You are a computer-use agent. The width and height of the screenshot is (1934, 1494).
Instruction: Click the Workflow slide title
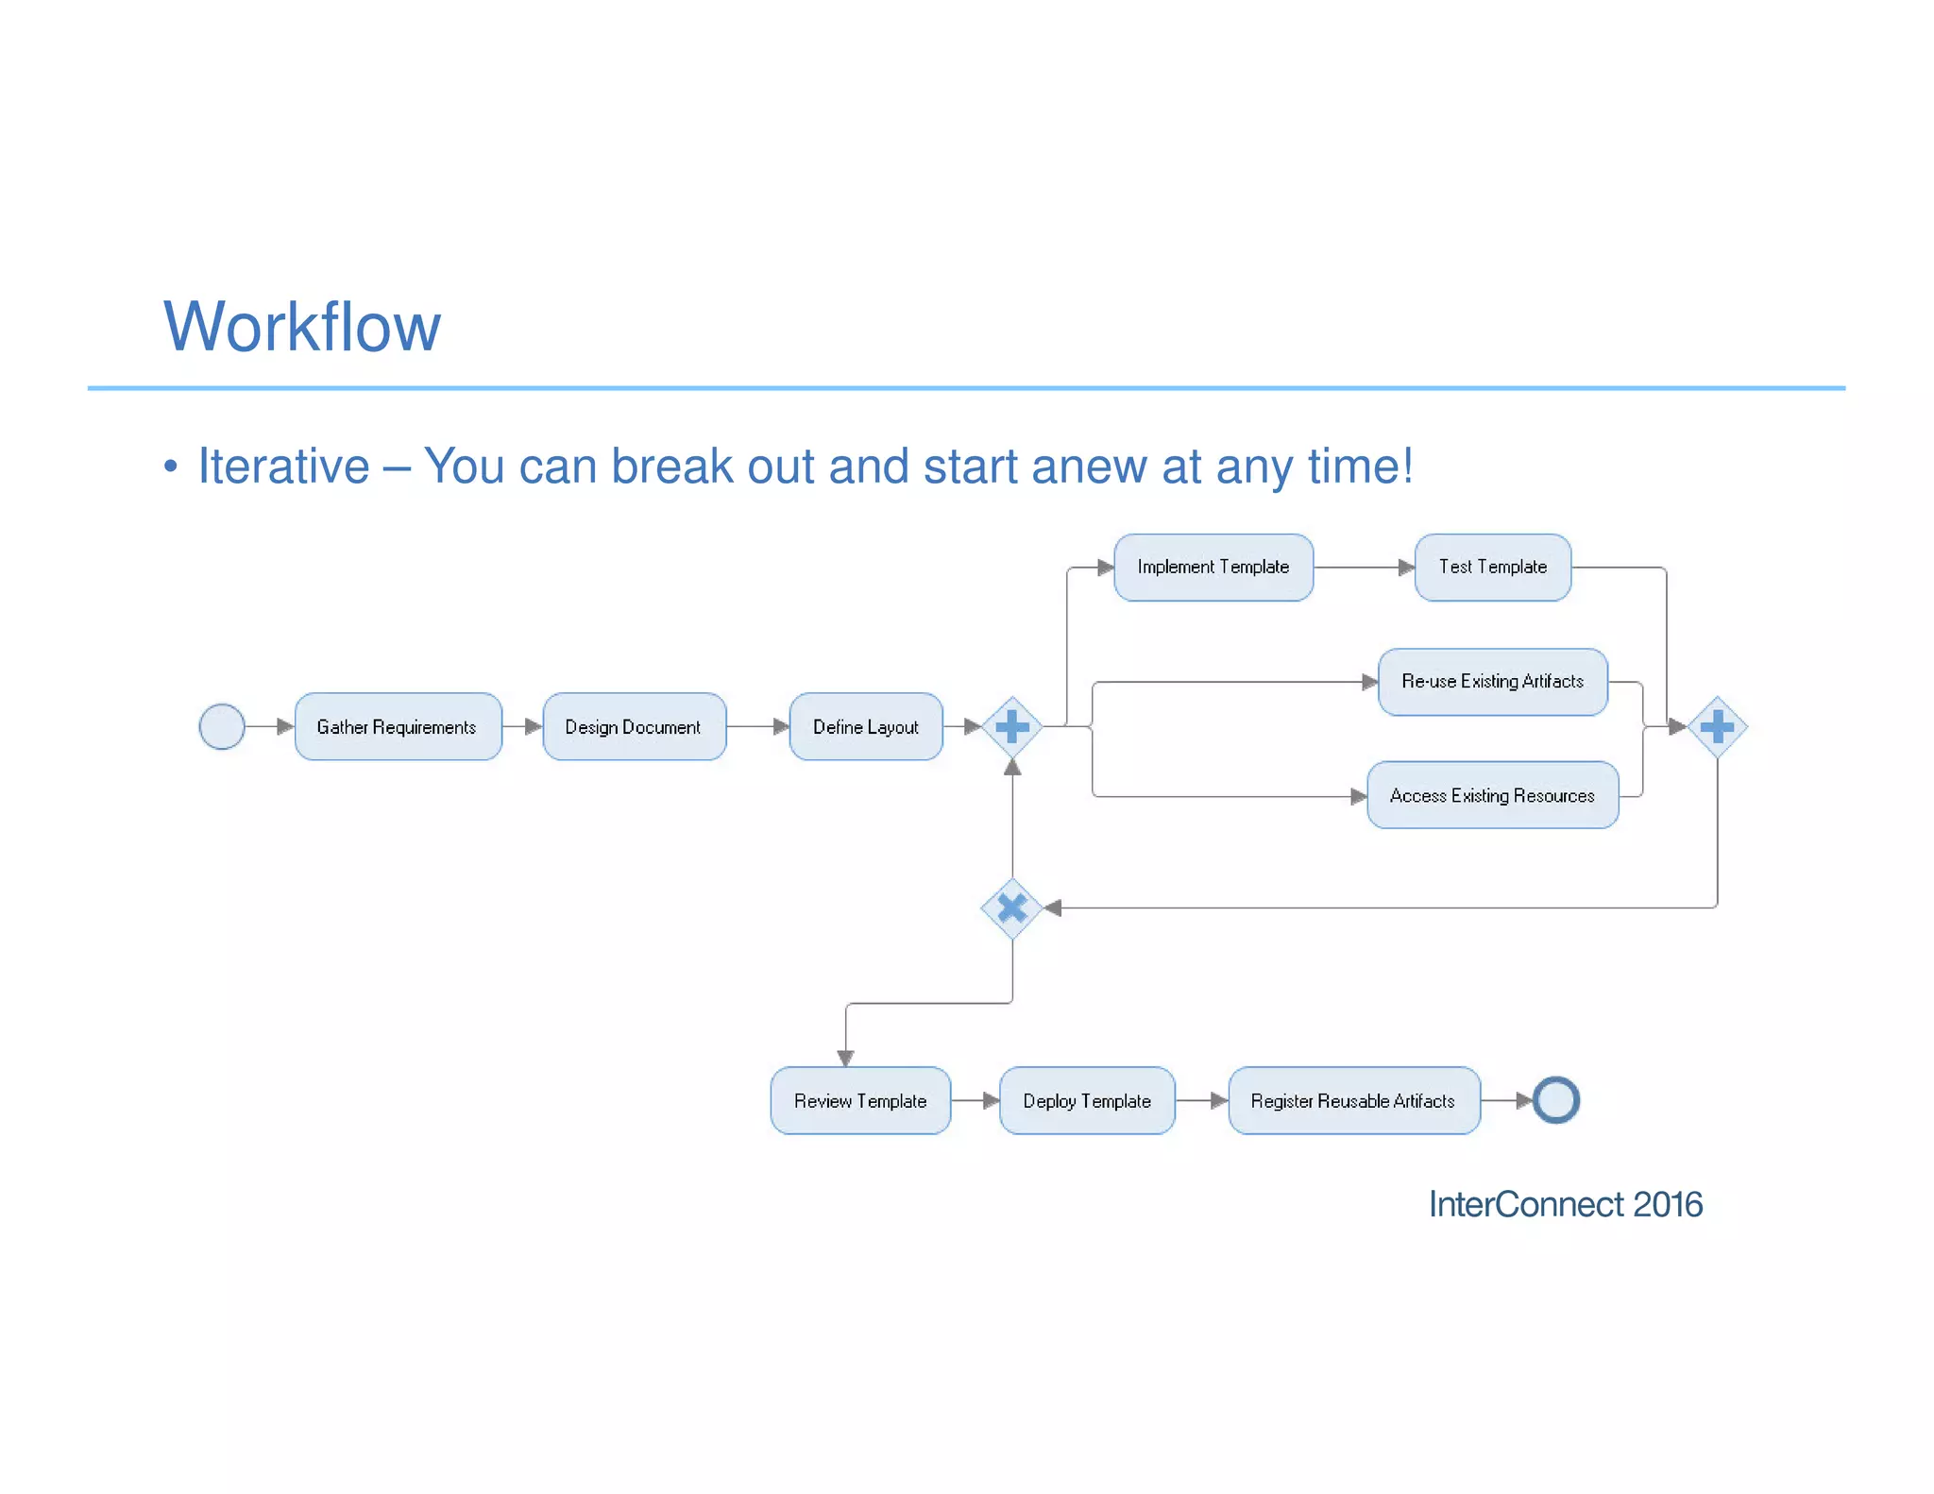tap(302, 327)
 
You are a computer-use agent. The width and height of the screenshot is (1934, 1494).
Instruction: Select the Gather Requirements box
tap(398, 726)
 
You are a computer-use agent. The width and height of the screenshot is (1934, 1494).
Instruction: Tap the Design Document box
tap(634, 726)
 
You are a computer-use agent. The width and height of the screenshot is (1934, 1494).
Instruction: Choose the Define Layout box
tap(865, 726)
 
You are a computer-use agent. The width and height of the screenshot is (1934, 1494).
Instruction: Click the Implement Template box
tap(1213, 567)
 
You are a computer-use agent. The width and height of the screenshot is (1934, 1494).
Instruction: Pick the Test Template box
tap(1492, 567)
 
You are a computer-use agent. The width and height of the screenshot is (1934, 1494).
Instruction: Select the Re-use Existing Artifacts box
tap(1492, 681)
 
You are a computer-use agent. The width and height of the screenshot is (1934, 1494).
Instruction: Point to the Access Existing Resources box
tap(1492, 795)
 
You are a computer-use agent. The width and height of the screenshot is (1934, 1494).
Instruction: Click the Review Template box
tap(860, 1100)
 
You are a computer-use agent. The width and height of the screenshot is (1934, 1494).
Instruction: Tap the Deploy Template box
tap(1087, 1100)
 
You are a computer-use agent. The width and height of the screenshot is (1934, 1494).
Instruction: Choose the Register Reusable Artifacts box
tap(1353, 1100)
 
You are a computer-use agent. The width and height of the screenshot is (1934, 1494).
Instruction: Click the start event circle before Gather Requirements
tap(222, 726)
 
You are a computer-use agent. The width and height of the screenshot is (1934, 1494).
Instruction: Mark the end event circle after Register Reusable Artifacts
tap(1555, 1100)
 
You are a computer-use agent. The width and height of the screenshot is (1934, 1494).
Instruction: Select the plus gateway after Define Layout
tap(1012, 726)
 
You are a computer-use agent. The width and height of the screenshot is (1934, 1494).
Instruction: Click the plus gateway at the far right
tap(1717, 726)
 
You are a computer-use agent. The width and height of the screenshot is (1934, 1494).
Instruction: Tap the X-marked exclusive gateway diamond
tap(1012, 908)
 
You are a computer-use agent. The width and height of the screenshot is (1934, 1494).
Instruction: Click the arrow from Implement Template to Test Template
tap(1364, 568)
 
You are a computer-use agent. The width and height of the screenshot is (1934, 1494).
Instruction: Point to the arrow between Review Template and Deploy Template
tap(975, 1100)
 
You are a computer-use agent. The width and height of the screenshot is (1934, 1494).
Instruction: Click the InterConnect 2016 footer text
tap(1565, 1204)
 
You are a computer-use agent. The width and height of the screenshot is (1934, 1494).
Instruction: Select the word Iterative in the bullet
tap(283, 467)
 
